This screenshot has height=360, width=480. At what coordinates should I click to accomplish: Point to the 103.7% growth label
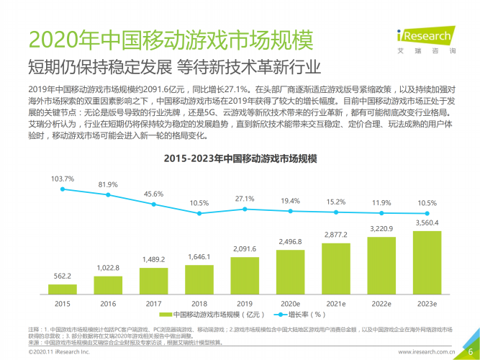[x=63, y=178]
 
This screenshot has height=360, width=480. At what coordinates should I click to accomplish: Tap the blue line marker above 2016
[x=108, y=194]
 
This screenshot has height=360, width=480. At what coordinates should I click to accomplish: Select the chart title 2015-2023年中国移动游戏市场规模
[x=241, y=158]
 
